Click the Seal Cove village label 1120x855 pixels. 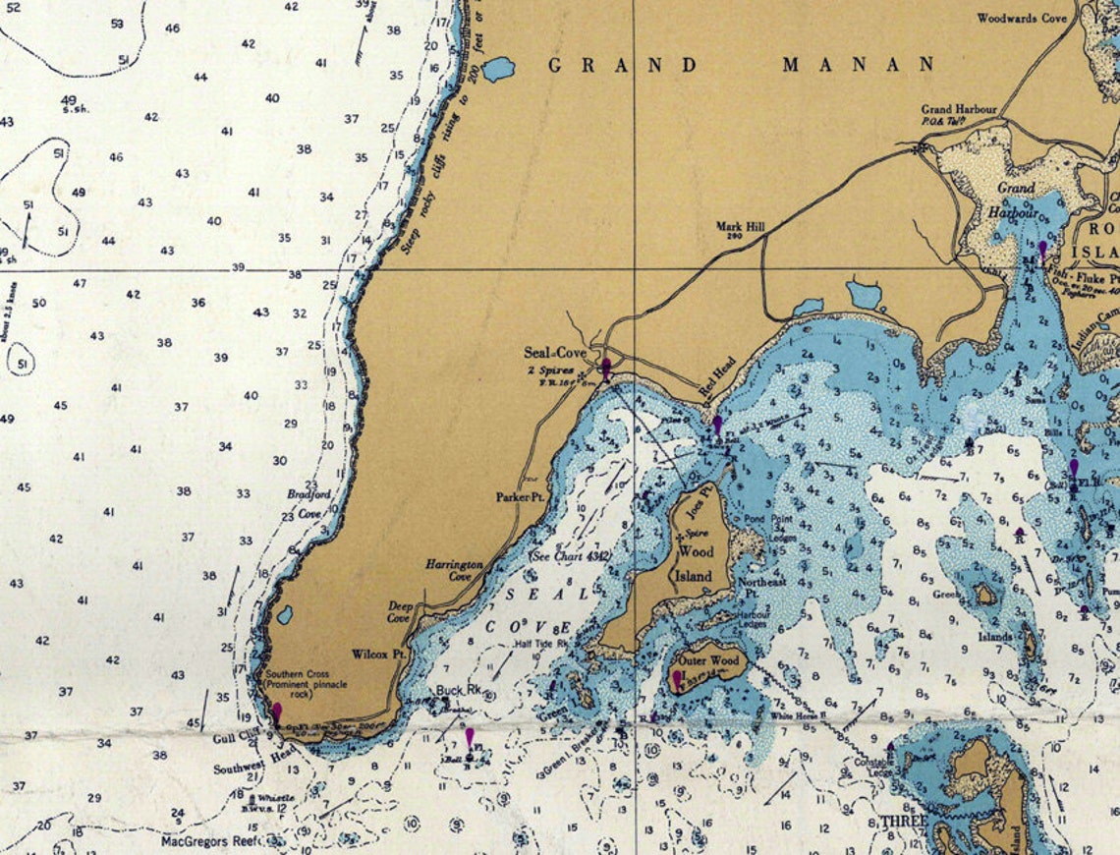click(x=554, y=353)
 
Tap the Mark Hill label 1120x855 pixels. click(x=740, y=226)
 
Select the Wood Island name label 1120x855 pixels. click(x=696, y=563)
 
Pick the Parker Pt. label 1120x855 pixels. click(x=520, y=498)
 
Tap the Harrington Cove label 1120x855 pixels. click(x=454, y=571)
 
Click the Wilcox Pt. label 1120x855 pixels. click(x=379, y=654)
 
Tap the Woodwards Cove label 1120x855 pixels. click(x=1021, y=18)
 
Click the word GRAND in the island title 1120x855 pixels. click(x=622, y=66)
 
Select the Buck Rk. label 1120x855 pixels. click(x=459, y=691)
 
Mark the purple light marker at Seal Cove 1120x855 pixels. click(x=606, y=368)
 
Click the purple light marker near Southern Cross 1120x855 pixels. click(x=277, y=711)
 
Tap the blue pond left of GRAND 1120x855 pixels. click(x=498, y=69)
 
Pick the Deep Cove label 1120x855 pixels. click(x=399, y=613)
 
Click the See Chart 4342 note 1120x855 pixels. click(x=570, y=556)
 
